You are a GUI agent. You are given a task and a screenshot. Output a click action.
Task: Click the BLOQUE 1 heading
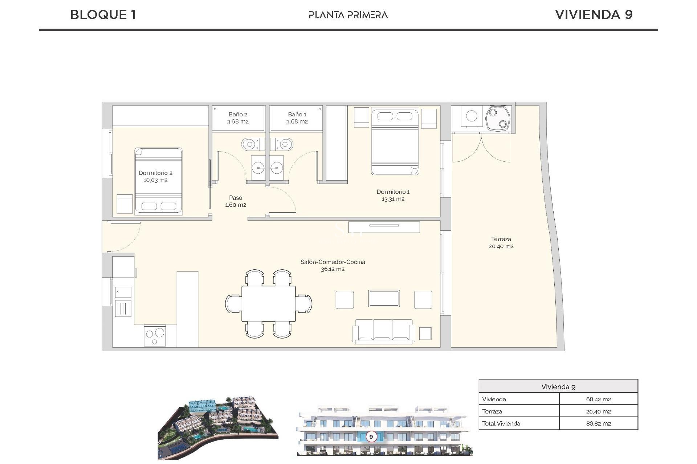point(103,15)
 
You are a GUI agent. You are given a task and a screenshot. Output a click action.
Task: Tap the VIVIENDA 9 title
point(594,15)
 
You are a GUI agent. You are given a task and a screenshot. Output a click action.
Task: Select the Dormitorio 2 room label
point(155,173)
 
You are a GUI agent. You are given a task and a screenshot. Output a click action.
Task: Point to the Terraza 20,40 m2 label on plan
point(501,243)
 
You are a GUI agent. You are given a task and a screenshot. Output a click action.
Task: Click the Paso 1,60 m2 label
point(236,201)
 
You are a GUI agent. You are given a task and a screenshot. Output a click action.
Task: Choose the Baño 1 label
point(297,115)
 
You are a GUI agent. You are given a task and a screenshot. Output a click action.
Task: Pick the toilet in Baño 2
point(250,145)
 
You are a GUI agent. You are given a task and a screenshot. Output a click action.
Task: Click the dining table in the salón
point(269,303)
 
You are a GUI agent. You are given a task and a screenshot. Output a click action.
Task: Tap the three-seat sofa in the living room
point(383,331)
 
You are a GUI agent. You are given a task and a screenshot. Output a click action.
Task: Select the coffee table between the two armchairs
point(384,299)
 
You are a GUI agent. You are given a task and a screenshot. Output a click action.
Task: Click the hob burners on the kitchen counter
point(155,336)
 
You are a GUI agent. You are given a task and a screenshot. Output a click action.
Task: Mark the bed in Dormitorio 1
point(395,142)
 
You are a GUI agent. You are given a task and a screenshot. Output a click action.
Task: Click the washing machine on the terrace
point(472,116)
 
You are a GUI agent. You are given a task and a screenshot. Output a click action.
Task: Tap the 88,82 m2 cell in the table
point(598,423)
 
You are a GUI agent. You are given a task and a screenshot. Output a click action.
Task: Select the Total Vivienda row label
point(501,423)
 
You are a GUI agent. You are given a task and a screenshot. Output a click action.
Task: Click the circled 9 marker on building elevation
point(371,436)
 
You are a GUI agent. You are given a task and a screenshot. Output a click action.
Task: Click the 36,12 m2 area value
point(333,269)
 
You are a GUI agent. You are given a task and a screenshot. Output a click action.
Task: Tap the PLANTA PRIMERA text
point(348,15)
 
